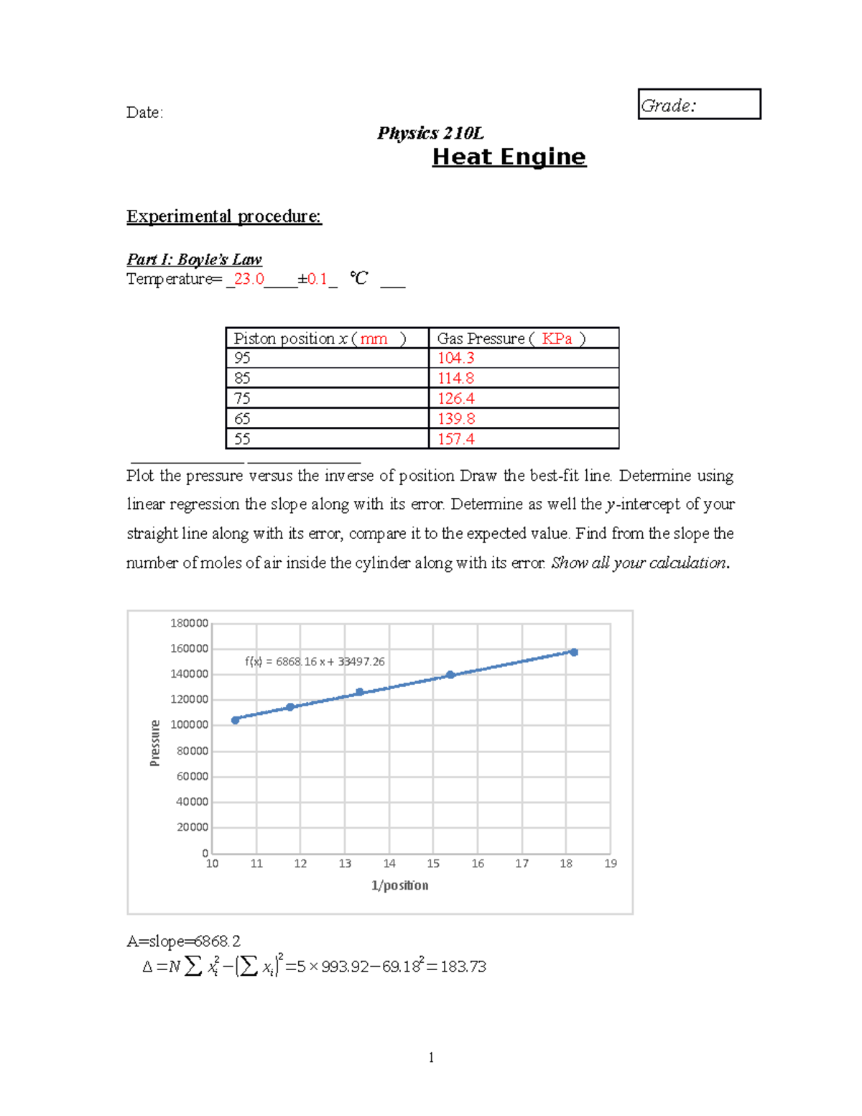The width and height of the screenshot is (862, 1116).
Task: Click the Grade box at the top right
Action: [698, 104]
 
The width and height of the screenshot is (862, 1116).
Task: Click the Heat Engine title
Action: [509, 157]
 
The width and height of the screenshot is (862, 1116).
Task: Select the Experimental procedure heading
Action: [224, 216]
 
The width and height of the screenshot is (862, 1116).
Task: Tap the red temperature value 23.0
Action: [249, 279]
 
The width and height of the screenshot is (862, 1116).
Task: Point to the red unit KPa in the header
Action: [557, 338]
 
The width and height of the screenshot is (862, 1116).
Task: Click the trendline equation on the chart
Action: [315, 662]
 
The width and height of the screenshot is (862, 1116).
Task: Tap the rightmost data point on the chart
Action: [573, 652]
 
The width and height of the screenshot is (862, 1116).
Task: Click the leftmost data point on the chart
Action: [236, 720]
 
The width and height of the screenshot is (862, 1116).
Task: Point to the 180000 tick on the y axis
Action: [189, 623]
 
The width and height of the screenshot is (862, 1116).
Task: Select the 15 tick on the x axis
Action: [433, 864]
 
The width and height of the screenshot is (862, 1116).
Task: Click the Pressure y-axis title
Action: [155, 743]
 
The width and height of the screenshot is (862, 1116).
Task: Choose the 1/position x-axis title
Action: [399, 885]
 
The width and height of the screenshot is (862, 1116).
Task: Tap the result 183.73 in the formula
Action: [463, 967]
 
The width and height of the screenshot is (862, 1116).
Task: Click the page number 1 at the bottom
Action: [431, 1057]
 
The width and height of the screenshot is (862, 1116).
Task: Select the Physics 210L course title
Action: [430, 134]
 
